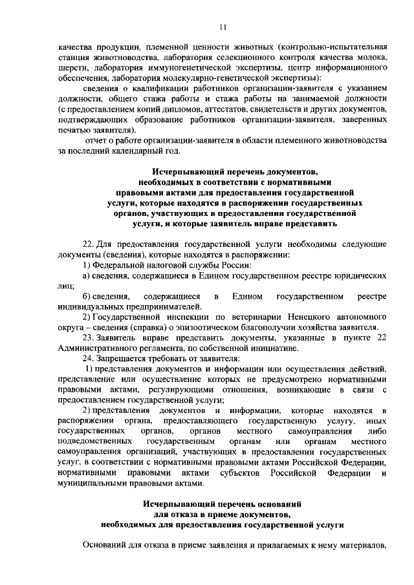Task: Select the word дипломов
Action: [x=190, y=109]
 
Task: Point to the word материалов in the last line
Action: [x=357, y=546]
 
